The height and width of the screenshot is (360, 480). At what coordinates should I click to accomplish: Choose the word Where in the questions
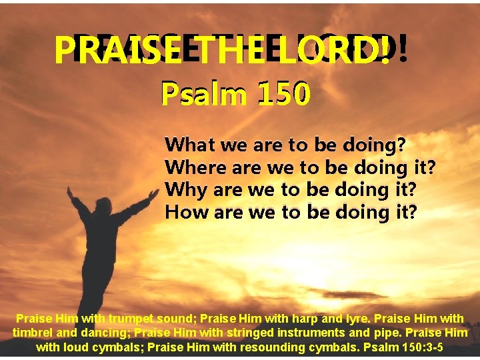click(x=193, y=167)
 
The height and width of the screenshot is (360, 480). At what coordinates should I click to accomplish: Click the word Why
click(x=186, y=189)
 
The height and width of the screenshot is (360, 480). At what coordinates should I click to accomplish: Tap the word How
click(x=185, y=212)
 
